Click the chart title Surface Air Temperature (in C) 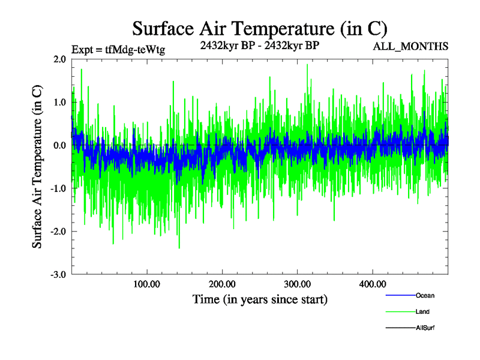coord(260,28)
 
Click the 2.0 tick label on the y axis coord(59,59)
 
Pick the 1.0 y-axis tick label coord(59,102)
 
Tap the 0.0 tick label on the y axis coord(59,145)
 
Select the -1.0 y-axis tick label coord(58,188)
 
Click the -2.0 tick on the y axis coord(58,232)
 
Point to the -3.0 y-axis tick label coord(58,275)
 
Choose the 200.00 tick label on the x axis coord(222,284)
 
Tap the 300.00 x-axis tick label coord(297,284)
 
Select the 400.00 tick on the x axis coord(372,284)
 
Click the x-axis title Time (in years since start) coord(260,299)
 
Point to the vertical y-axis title coord(37,167)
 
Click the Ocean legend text coord(425,295)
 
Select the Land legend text coord(422,312)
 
